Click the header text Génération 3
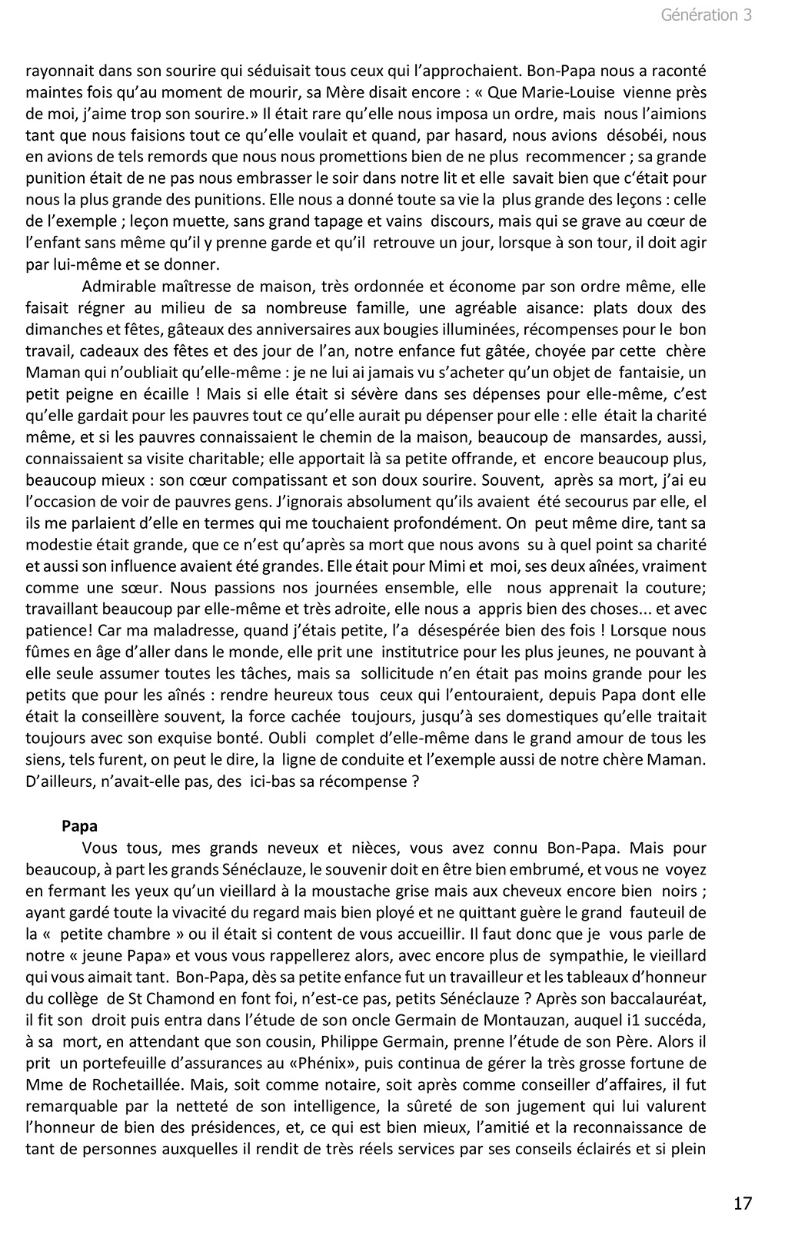click(706, 15)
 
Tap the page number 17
click(742, 1203)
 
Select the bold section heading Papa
click(79, 826)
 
